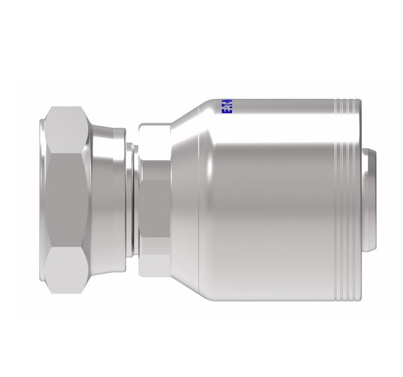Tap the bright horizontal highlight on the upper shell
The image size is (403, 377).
[x=277, y=135]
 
